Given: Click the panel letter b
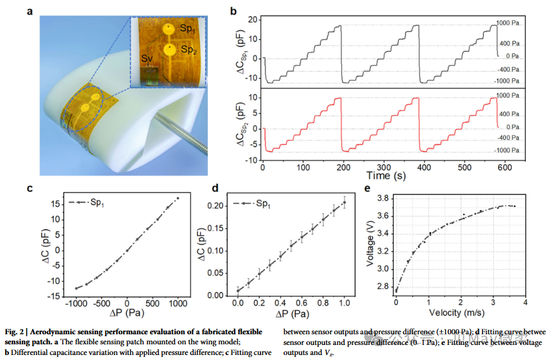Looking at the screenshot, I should (233, 11).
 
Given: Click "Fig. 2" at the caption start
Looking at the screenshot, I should (16, 332).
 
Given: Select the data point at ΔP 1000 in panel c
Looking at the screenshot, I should (178, 198).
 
